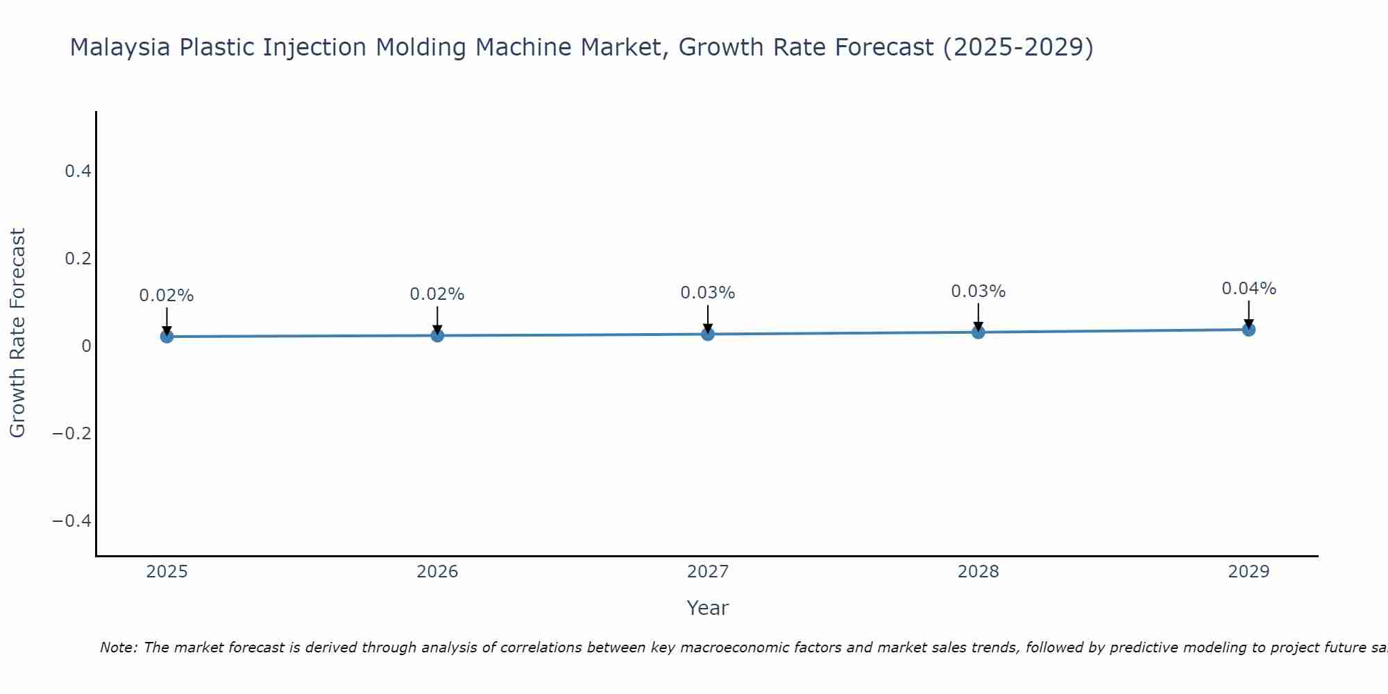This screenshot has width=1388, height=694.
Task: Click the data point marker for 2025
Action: click(x=167, y=337)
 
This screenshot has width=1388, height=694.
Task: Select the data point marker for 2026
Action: click(x=437, y=335)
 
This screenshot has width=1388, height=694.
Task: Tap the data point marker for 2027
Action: click(x=708, y=334)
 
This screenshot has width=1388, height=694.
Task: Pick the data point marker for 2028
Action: click(x=979, y=332)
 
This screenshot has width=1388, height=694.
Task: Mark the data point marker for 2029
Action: click(x=1249, y=329)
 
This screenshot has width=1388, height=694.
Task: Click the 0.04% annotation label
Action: click(x=1249, y=289)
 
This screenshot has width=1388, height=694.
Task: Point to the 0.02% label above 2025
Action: click(x=167, y=296)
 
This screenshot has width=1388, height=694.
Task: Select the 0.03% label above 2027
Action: click(x=708, y=293)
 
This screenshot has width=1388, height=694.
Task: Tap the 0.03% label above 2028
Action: click(x=979, y=291)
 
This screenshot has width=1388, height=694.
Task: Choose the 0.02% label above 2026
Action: click(x=437, y=294)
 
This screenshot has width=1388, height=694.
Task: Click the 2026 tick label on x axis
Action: click(x=437, y=572)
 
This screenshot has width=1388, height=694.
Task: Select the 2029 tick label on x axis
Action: click(x=1249, y=572)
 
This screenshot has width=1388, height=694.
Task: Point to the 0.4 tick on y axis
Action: click(x=78, y=171)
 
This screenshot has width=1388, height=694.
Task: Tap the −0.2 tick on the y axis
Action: click(x=72, y=433)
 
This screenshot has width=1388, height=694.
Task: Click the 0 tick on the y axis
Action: click(x=86, y=346)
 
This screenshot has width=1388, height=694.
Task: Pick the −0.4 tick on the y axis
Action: click(x=72, y=520)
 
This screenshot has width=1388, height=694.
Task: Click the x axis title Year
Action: click(x=707, y=608)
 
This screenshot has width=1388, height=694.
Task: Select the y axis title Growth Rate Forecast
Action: click(x=17, y=333)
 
